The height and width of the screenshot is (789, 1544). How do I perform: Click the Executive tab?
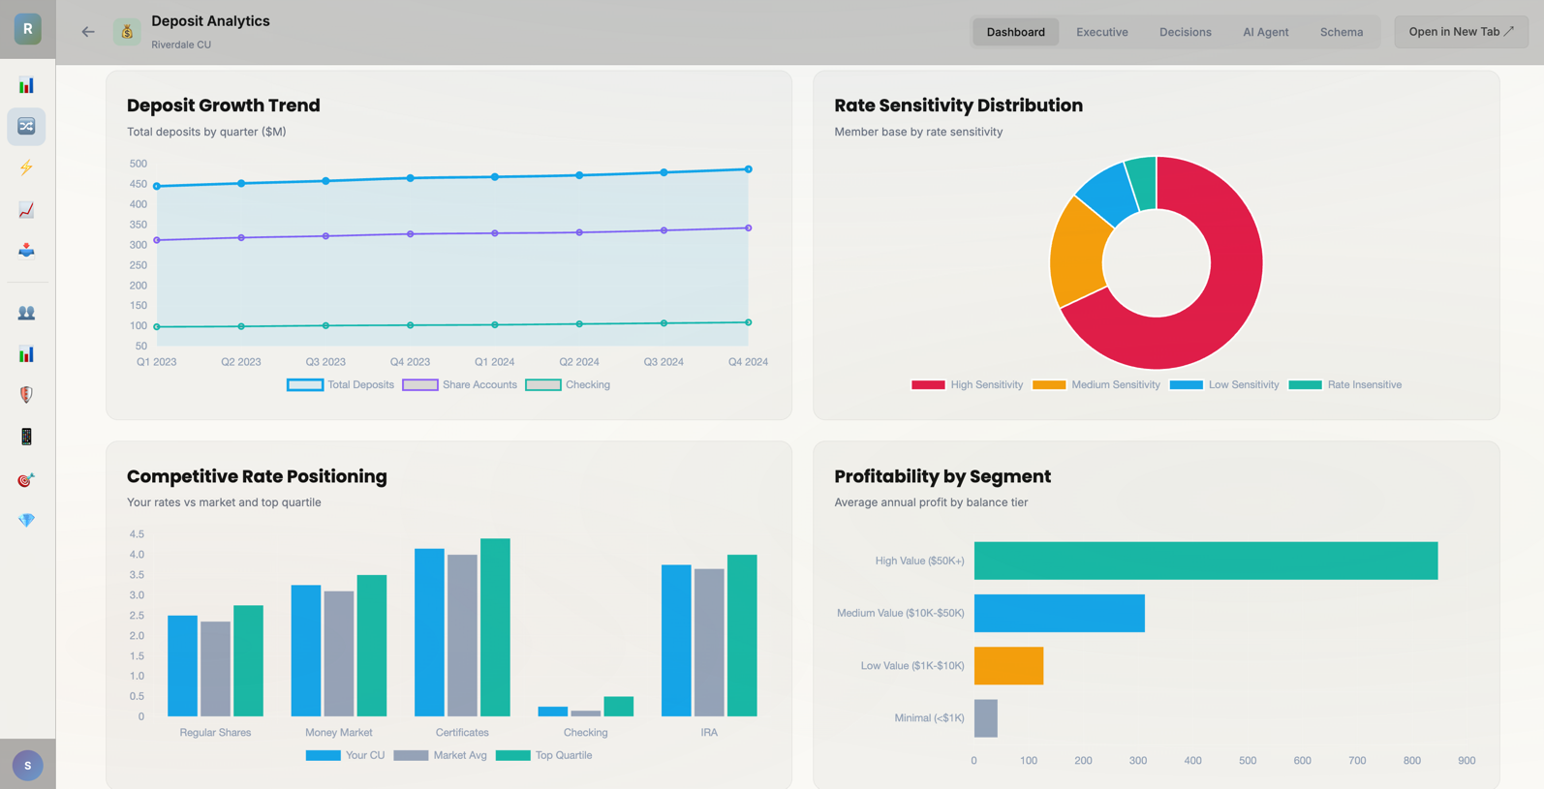(1101, 32)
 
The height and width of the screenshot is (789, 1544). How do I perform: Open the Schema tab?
(1341, 32)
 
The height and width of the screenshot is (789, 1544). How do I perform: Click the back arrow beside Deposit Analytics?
(88, 32)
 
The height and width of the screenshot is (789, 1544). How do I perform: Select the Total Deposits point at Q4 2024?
(748, 169)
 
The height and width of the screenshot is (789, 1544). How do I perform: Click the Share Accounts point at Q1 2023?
(157, 240)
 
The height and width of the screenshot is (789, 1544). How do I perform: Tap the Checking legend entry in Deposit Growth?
(568, 384)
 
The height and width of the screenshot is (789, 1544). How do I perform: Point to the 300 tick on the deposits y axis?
(139, 245)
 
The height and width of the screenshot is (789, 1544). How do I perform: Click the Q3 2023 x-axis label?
(325, 362)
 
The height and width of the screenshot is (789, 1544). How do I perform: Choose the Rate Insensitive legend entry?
(1345, 384)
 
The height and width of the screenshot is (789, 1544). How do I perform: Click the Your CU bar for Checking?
(552, 712)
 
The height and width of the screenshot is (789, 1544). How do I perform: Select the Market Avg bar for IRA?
(709, 643)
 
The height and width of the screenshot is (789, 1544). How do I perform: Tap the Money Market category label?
(338, 733)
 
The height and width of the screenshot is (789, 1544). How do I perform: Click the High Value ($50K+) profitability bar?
(1205, 561)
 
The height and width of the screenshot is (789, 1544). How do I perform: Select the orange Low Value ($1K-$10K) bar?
(1008, 666)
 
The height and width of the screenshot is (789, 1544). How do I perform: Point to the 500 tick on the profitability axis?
(1248, 761)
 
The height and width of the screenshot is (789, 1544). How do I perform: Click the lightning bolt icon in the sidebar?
(26, 167)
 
